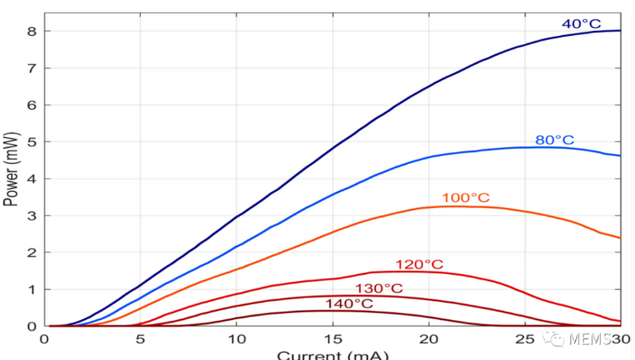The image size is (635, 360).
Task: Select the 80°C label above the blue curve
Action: pyautogui.click(x=555, y=140)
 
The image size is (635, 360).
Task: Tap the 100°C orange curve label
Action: pyautogui.click(x=465, y=198)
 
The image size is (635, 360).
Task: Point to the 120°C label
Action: pyautogui.click(x=419, y=264)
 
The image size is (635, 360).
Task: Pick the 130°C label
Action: pyautogui.click(x=379, y=288)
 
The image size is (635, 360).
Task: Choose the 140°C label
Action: pyautogui.click(x=349, y=303)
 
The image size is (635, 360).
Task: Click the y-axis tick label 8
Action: pyautogui.click(x=33, y=31)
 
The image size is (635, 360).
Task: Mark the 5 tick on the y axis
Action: pyautogui.click(x=33, y=142)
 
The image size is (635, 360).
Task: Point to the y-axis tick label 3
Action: pyautogui.click(x=33, y=216)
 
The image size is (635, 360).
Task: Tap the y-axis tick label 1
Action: pyautogui.click(x=33, y=290)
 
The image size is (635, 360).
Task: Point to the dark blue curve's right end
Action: pyautogui.click(x=620, y=30)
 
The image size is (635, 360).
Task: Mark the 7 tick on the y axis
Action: pyautogui.click(x=33, y=68)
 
